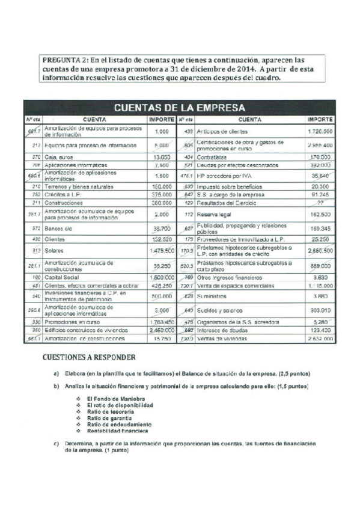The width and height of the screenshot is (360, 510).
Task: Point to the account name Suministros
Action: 213,296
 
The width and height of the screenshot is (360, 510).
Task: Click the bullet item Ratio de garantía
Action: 109,418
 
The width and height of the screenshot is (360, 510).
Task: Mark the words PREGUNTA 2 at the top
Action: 63,60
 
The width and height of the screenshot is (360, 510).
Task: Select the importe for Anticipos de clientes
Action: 320,131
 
